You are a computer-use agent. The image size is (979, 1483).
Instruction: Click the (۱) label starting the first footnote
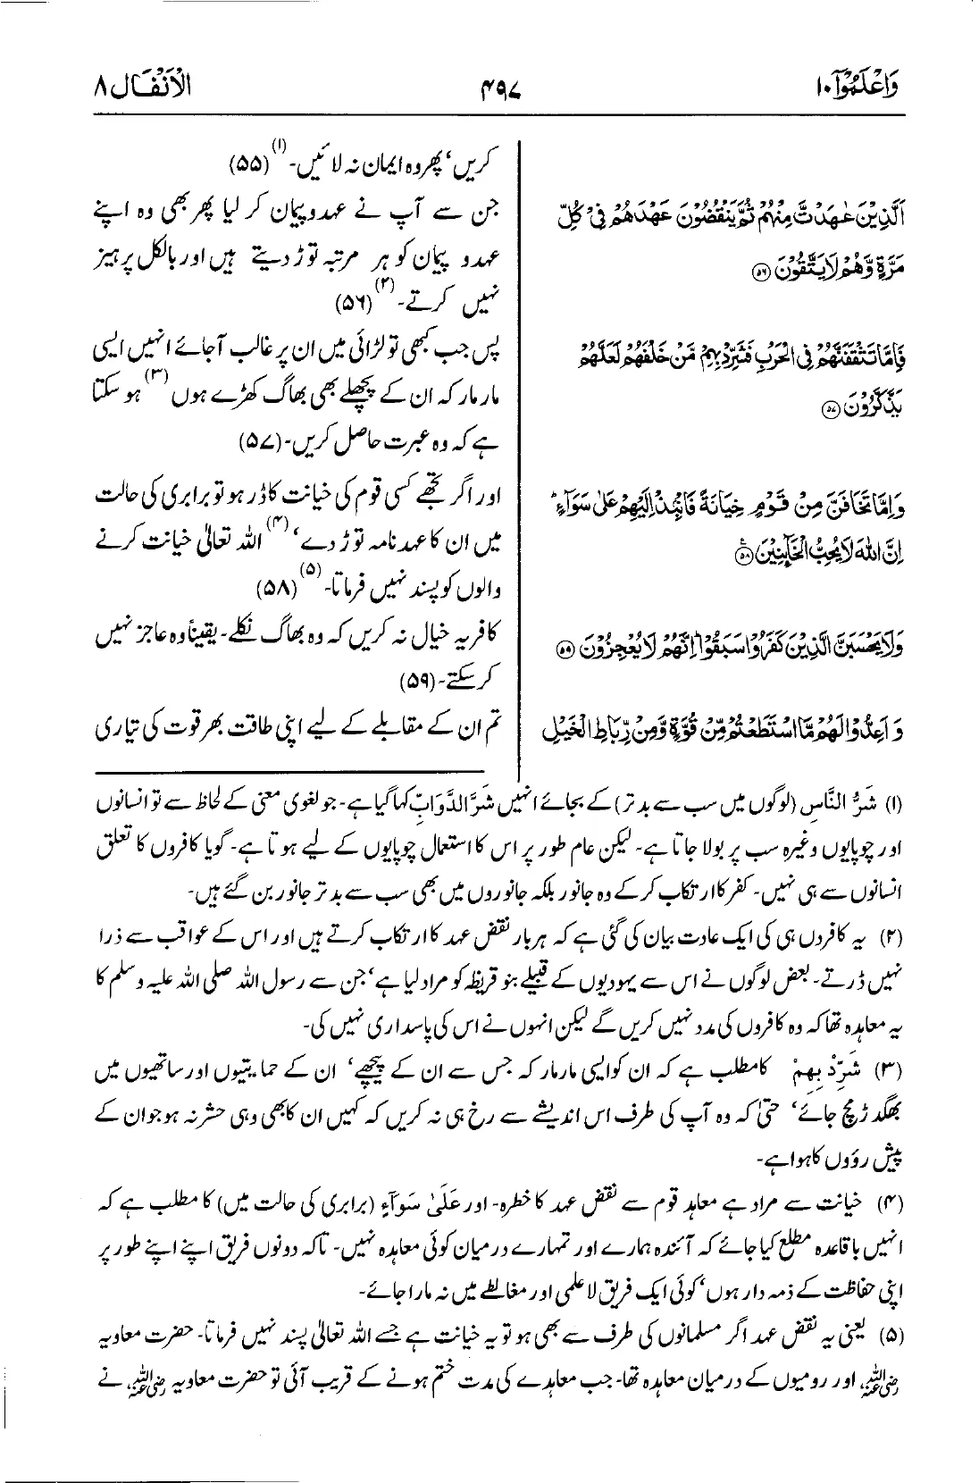[x=950, y=800]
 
